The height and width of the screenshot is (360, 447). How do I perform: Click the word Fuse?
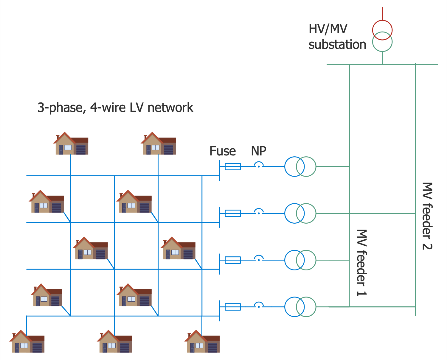pyautogui.click(x=223, y=151)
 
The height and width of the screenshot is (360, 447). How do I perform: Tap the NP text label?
pyautogui.click(x=258, y=151)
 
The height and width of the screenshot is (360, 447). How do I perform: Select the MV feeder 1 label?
pyautogui.click(x=361, y=263)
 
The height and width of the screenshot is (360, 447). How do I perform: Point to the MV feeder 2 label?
pyautogui.click(x=427, y=216)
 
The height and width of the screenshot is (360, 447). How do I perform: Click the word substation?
pyautogui.click(x=337, y=45)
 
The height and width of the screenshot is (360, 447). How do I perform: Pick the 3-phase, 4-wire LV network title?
pyautogui.click(x=115, y=107)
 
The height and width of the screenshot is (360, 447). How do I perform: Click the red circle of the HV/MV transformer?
pyautogui.click(x=382, y=30)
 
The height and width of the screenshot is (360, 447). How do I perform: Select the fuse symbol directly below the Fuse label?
pyautogui.click(x=232, y=166)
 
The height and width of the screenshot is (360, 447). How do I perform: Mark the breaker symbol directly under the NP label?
pyautogui.click(x=259, y=165)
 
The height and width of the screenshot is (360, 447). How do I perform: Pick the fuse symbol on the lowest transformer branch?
pyautogui.click(x=232, y=307)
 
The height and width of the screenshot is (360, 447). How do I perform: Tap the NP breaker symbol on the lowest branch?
pyautogui.click(x=259, y=305)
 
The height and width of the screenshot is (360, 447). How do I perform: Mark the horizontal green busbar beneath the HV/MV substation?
pyautogui.click(x=382, y=64)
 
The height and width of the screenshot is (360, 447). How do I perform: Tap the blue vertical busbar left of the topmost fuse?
pyautogui.click(x=220, y=170)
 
